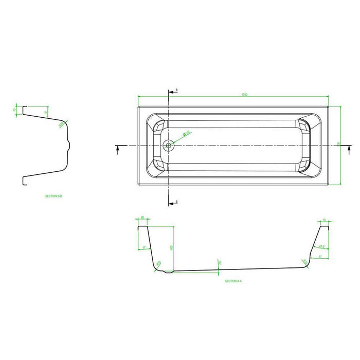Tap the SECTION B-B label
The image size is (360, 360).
54,196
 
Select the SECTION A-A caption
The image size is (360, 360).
233,281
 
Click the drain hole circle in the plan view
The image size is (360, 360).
168,146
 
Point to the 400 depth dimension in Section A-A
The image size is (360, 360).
171,247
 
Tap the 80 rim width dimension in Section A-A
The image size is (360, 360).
142,218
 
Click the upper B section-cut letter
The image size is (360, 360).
176,90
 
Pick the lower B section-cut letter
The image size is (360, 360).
176,201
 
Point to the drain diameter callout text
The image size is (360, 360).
188,132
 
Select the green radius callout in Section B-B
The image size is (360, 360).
61,123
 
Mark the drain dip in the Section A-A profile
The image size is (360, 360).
166,272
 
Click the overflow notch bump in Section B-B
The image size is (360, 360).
70,144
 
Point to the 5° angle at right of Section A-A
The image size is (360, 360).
320,256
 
